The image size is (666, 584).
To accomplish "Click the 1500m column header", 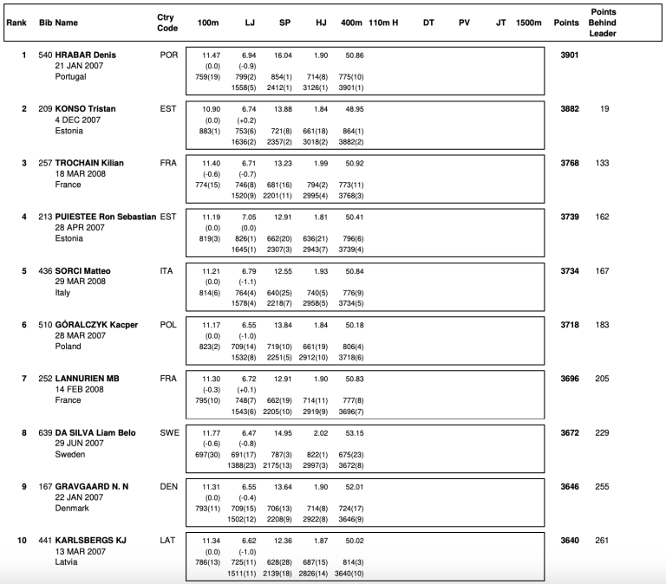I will pyautogui.click(x=528, y=22).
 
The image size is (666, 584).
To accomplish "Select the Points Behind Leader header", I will pyautogui.click(x=603, y=22).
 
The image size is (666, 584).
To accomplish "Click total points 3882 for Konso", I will pyautogui.click(x=570, y=108).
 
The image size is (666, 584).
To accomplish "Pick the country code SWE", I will pyautogui.click(x=168, y=432).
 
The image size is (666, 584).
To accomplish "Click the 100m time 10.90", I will pyautogui.click(x=212, y=108).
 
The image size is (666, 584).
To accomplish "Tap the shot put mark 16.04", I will pyautogui.click(x=282, y=55).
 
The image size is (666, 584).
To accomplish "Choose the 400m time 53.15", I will pyautogui.click(x=354, y=432).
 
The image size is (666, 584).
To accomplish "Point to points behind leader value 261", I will pyautogui.click(x=603, y=540).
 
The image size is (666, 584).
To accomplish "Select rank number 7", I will pyautogui.click(x=23, y=378).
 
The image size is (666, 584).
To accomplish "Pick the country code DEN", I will pyautogui.click(x=168, y=485).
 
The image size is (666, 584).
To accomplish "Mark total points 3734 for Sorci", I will pyautogui.click(x=570, y=270).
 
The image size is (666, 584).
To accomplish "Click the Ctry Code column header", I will pyautogui.click(x=166, y=22).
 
